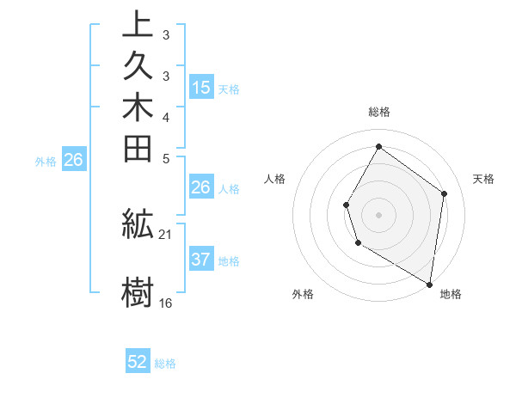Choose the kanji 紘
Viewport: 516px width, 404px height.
click(x=138, y=224)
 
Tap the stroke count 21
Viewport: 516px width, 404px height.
click(x=166, y=234)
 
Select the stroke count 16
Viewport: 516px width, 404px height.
click(x=166, y=303)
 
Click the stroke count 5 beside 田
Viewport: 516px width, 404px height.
click(x=166, y=158)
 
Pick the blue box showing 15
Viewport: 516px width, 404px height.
click(x=201, y=87)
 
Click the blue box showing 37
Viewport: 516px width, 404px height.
click(x=201, y=260)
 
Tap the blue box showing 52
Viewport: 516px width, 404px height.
click(x=138, y=362)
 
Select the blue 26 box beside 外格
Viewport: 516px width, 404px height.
click(x=74, y=159)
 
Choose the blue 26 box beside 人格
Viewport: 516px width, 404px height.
click(x=201, y=187)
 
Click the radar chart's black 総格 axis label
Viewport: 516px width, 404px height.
click(x=378, y=112)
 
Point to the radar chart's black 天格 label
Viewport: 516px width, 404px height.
click(x=483, y=179)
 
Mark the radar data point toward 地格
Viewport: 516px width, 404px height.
click(x=430, y=284)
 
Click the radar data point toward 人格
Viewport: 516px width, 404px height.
click(x=346, y=205)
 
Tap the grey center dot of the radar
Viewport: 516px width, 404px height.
click(x=378, y=214)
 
